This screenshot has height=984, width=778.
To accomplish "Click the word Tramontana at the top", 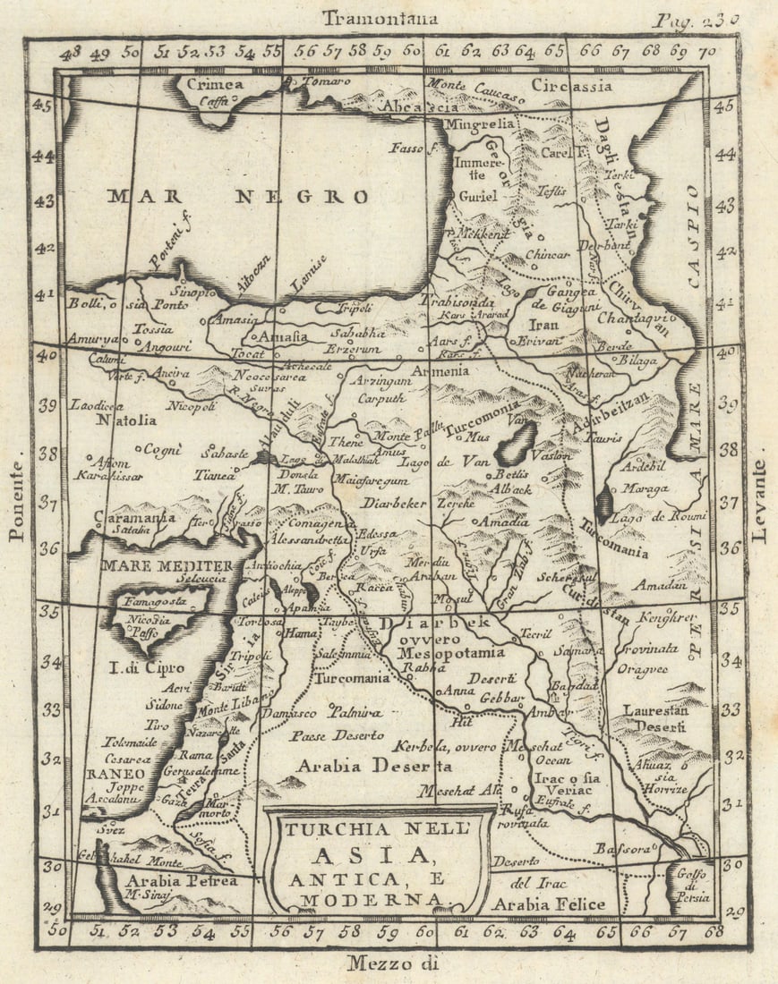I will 380,17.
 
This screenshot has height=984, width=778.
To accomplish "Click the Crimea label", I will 215,85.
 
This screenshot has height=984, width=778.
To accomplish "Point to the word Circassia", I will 571,86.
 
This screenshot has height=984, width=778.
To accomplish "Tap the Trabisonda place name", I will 453,301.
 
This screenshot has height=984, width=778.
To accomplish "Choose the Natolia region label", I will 126,419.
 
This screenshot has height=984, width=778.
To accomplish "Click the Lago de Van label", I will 443,462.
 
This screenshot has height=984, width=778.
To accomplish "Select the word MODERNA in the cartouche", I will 371,898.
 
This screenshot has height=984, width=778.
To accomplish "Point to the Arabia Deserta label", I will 374,766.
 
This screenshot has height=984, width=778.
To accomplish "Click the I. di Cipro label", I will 147,667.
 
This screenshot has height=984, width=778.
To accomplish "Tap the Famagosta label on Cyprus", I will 155,601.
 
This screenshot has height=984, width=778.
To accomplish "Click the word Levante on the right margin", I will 760,502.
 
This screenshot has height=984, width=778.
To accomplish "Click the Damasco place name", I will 290,714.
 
